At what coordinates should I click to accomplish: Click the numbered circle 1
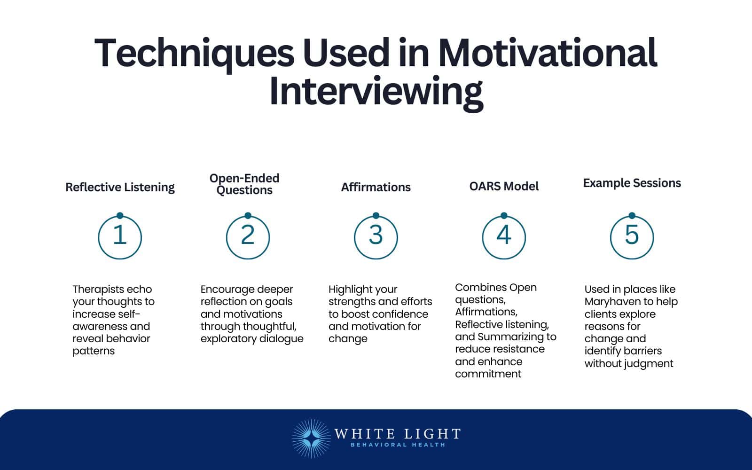coord(120,237)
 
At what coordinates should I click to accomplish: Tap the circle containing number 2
coord(248,237)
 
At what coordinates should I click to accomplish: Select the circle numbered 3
coord(376,237)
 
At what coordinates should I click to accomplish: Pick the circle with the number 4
coord(504,237)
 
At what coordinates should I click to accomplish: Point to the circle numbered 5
coord(632,237)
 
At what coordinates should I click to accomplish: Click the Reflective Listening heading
coord(120,187)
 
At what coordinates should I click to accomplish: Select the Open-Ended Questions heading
coord(244,184)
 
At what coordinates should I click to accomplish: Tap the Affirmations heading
coord(376,187)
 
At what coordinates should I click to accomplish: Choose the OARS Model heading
coord(504,186)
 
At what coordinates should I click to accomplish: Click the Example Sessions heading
coord(632,183)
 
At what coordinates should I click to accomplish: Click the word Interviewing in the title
coord(376,92)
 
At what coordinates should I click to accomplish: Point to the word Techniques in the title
coord(194,53)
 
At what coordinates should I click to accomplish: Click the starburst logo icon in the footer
coord(310,439)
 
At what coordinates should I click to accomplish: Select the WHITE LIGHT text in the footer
coord(397,433)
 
